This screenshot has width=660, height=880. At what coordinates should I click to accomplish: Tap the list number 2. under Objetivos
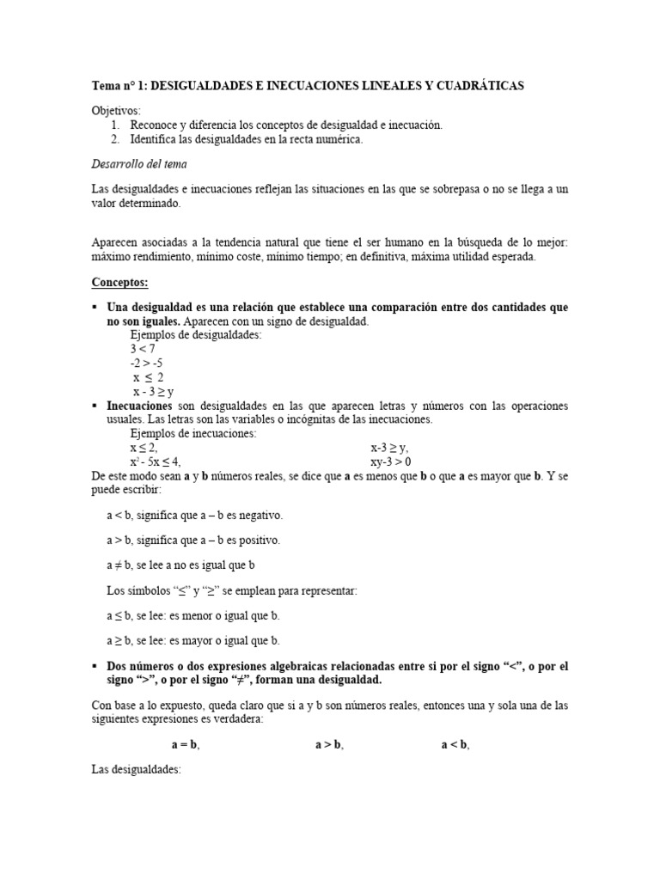pos(115,138)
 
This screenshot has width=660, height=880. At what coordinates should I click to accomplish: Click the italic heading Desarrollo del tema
pos(138,163)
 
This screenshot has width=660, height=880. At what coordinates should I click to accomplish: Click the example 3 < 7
pos(144,349)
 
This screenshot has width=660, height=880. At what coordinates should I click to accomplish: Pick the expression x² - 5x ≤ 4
pos(156,461)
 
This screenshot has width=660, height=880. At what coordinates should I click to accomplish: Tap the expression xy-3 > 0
pos(391,461)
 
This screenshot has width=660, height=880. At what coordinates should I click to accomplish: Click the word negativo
pos(255,516)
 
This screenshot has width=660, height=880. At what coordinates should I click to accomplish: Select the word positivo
pos(254,541)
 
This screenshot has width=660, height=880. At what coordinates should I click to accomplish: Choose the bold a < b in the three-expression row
pos(455,745)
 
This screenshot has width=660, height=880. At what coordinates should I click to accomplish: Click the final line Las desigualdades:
pos(136,771)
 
